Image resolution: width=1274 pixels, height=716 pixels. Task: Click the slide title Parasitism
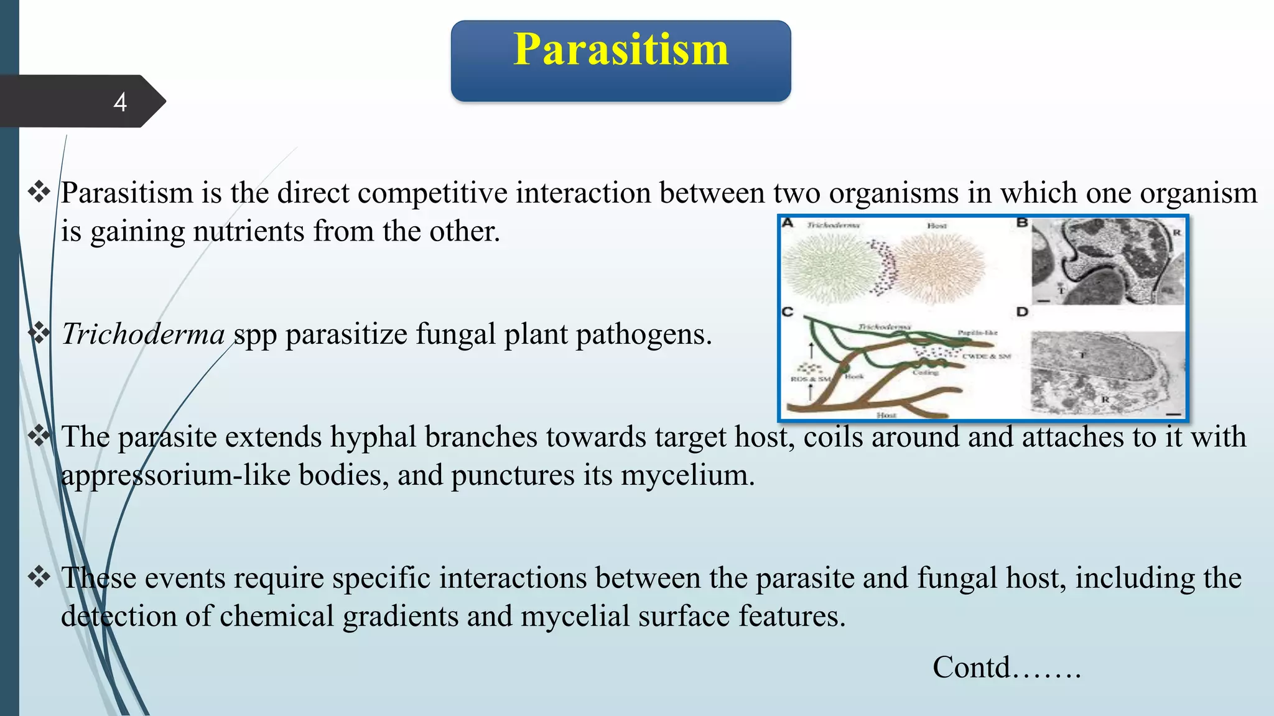[x=620, y=50]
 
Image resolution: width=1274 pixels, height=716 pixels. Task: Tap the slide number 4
[x=120, y=103]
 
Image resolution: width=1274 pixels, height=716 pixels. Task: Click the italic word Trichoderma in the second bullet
[x=143, y=334]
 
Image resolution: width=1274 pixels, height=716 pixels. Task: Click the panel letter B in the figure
[x=1022, y=223]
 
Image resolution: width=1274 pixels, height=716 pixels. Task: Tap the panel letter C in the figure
[x=788, y=311]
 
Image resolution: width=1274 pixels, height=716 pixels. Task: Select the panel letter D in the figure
[x=1022, y=311]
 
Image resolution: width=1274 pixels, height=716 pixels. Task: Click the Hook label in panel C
[x=854, y=376]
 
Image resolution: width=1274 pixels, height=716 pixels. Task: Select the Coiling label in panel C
[x=925, y=372]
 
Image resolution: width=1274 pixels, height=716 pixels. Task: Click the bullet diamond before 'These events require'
[x=39, y=577]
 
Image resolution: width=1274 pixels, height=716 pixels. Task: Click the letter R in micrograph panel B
[x=1176, y=232]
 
